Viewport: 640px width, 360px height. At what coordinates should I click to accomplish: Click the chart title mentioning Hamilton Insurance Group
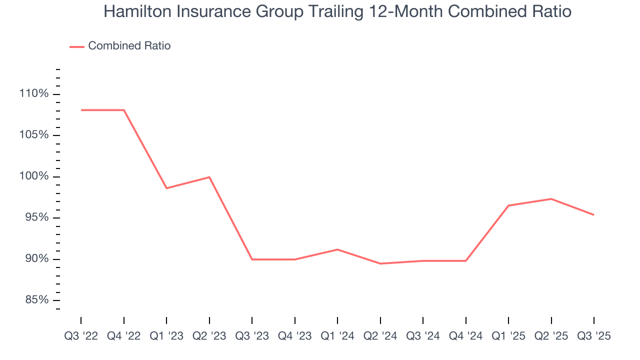337,11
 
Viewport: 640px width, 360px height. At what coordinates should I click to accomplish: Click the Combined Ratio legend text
129,46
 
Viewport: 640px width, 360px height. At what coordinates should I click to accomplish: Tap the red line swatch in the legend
77,46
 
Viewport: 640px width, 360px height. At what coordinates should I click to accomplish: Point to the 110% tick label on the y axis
34,94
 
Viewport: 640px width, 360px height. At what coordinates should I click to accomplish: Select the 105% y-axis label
34,135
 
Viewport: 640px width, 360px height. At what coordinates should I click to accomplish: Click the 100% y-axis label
34,176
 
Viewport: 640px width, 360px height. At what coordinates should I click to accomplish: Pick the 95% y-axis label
35,218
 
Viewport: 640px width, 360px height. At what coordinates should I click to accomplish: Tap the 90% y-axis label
35,259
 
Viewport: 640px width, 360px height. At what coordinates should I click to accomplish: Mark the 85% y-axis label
35,300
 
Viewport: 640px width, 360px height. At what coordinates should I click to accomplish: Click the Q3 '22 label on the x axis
81,336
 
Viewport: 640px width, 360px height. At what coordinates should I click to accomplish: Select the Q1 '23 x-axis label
166,336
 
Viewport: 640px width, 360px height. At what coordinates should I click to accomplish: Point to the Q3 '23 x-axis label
252,336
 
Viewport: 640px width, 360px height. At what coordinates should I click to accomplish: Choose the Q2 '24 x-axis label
380,336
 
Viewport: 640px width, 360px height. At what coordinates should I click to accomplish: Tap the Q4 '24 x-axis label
466,336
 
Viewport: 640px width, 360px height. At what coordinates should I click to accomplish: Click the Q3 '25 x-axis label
594,336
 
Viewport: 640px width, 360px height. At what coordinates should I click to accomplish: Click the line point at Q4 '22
123,110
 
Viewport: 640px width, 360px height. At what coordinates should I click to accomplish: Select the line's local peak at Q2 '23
209,177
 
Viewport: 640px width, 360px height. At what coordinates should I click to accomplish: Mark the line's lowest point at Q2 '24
380,263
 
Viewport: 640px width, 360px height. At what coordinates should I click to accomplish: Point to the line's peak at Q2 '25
551,199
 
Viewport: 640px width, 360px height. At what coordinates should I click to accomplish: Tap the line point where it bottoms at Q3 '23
252,259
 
